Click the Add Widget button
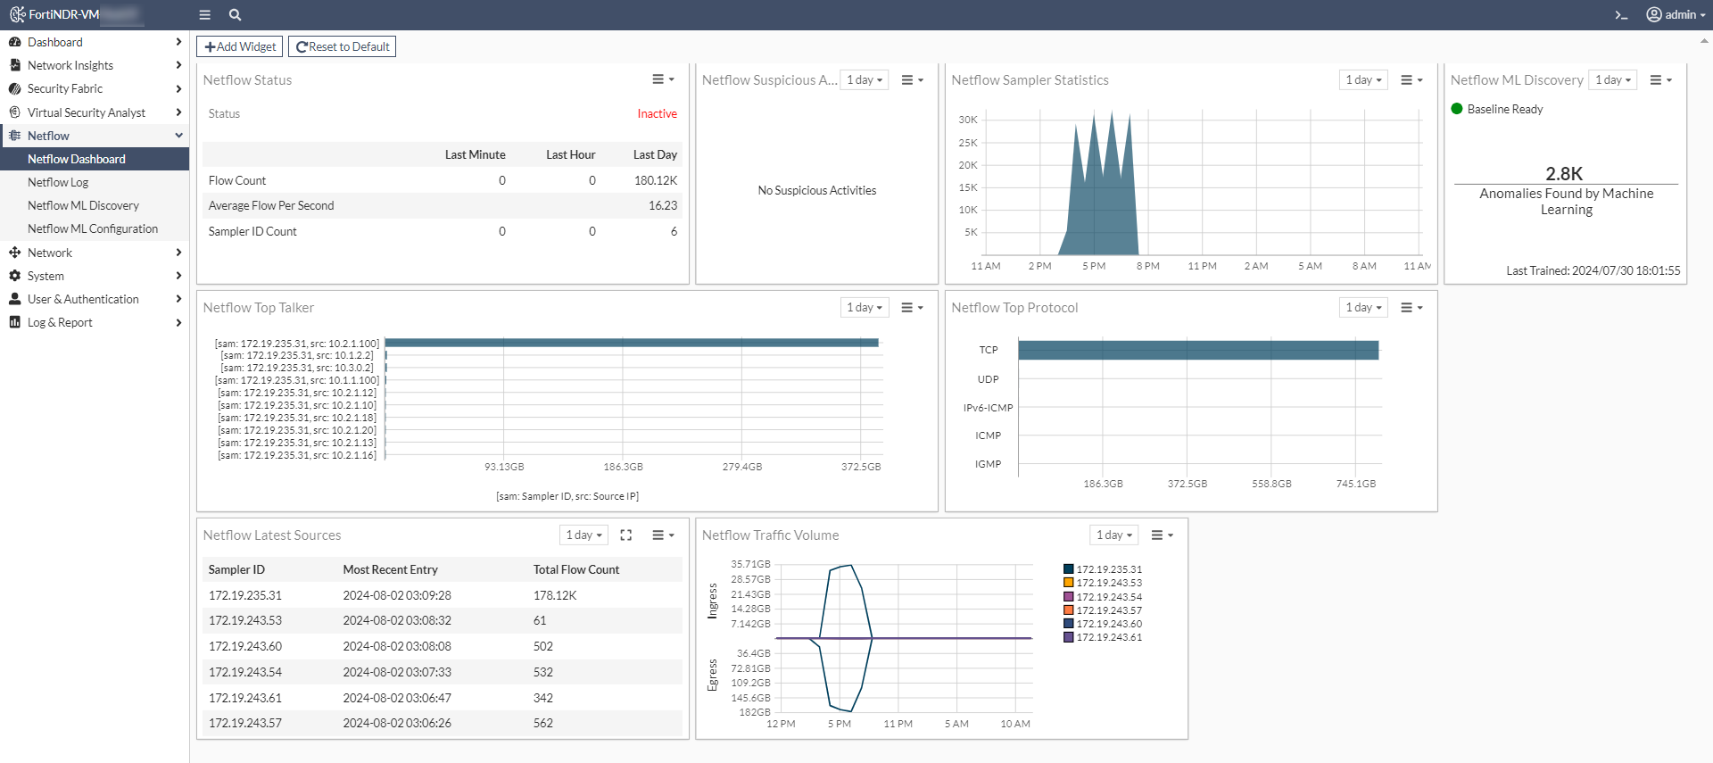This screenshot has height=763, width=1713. tap(239, 46)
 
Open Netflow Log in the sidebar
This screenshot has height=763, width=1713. tap(58, 182)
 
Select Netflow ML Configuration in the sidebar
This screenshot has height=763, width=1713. tap(92, 228)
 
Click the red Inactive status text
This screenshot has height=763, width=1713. tap(657, 113)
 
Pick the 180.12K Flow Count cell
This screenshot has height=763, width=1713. tap(656, 180)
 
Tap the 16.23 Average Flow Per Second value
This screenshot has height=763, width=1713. tap(662, 205)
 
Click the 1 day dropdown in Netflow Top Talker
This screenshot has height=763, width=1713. tap(864, 308)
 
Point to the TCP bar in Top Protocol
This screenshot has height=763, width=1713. tap(1197, 350)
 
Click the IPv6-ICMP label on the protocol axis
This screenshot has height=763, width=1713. tap(988, 408)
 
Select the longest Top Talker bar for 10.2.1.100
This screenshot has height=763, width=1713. tap(631, 343)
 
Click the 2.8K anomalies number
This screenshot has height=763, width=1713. tap(1564, 173)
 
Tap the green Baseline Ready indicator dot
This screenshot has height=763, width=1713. tap(1457, 109)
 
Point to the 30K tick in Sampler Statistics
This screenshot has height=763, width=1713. tap(968, 120)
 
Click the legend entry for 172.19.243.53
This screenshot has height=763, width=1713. tap(1108, 583)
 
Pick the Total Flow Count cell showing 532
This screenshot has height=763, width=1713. tap(543, 672)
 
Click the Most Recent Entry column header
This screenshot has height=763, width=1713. tap(390, 569)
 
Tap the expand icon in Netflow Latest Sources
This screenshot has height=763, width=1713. tap(626, 535)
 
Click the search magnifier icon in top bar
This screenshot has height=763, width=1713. tap(235, 14)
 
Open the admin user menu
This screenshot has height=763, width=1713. tap(1676, 14)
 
